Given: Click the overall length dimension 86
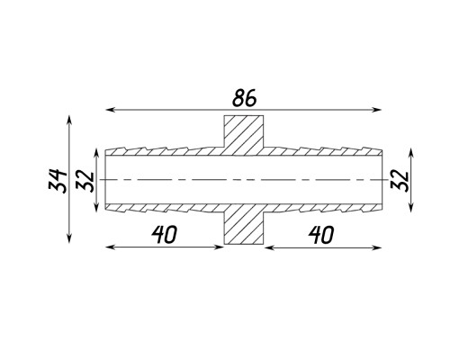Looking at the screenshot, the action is click(x=245, y=98).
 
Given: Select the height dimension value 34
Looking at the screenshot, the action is click(x=58, y=181).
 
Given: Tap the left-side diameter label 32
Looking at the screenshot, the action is click(x=85, y=181).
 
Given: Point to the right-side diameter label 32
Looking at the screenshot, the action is click(x=400, y=181).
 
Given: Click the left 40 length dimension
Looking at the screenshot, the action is click(x=164, y=234).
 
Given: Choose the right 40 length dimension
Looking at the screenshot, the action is click(x=320, y=235).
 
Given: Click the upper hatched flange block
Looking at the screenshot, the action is click(x=244, y=135).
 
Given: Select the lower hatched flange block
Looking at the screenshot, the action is click(x=244, y=224).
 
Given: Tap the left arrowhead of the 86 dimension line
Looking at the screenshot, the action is click(x=109, y=110).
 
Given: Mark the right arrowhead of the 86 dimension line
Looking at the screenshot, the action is click(x=378, y=110).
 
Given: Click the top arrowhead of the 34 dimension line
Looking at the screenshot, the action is click(x=69, y=119).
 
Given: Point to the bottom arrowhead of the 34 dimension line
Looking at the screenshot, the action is click(x=69, y=238).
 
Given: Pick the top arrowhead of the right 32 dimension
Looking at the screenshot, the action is click(x=411, y=152).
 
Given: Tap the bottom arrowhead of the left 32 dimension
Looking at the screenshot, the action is click(x=96, y=208).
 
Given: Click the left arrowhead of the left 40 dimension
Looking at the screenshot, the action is click(x=109, y=247).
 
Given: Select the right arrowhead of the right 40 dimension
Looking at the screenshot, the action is click(x=378, y=247).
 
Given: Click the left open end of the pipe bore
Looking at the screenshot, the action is click(x=105, y=180).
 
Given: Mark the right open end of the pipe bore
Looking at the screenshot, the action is click(x=382, y=180).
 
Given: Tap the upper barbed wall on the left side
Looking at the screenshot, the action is click(x=165, y=151).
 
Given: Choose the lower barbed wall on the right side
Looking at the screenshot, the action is click(x=322, y=208).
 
